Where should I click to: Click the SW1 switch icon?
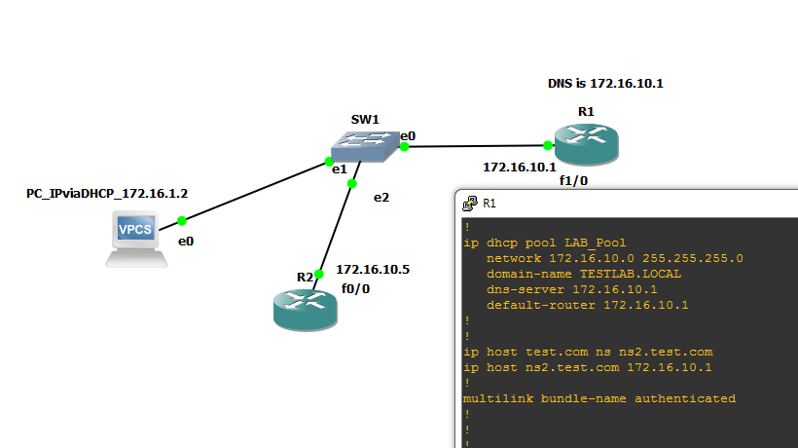click(x=364, y=147)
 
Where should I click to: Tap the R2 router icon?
click(x=304, y=307)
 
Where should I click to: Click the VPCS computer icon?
click(x=135, y=236)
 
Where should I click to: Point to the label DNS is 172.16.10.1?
click(x=604, y=84)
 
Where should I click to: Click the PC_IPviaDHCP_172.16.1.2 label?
click(x=107, y=194)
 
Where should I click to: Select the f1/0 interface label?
click(x=573, y=181)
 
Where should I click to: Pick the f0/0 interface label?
click(x=355, y=289)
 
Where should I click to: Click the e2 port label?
click(x=381, y=197)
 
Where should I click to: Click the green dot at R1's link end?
click(x=548, y=146)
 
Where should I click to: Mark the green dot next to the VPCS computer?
click(x=182, y=221)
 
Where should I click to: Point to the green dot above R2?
click(x=319, y=274)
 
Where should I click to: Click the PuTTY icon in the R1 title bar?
click(x=469, y=204)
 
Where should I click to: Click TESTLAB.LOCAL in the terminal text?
click(x=631, y=274)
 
